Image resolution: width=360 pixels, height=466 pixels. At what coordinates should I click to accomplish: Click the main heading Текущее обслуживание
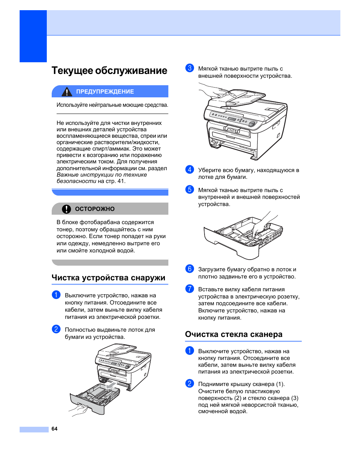(x=109, y=71)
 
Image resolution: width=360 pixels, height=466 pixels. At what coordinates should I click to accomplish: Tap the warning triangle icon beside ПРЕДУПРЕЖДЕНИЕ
(x=67, y=92)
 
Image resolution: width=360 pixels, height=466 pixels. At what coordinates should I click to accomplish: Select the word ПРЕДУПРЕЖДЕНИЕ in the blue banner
(x=105, y=92)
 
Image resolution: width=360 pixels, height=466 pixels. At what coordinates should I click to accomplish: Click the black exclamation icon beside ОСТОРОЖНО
(x=66, y=209)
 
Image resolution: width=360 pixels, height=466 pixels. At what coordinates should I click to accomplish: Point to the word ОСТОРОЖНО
(x=95, y=209)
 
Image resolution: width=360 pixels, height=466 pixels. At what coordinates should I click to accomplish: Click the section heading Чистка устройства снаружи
(x=108, y=278)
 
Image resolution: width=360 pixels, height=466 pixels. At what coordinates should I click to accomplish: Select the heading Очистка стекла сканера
(x=234, y=334)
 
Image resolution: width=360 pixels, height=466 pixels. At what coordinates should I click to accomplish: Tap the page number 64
(x=54, y=429)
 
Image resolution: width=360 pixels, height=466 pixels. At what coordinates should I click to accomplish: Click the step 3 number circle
(x=189, y=68)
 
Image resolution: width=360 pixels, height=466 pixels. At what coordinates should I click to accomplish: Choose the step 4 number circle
(x=189, y=170)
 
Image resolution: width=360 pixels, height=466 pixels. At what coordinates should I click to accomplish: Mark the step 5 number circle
(x=189, y=189)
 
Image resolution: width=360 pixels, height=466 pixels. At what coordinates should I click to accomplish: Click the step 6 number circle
(x=189, y=269)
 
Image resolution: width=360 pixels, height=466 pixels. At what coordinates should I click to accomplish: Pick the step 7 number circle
(x=189, y=289)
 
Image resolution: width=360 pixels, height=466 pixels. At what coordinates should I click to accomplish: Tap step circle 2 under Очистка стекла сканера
(x=189, y=384)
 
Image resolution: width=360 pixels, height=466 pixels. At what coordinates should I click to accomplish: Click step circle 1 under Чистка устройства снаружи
(x=56, y=295)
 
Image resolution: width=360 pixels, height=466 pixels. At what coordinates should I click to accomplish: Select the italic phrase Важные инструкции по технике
(x=102, y=175)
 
